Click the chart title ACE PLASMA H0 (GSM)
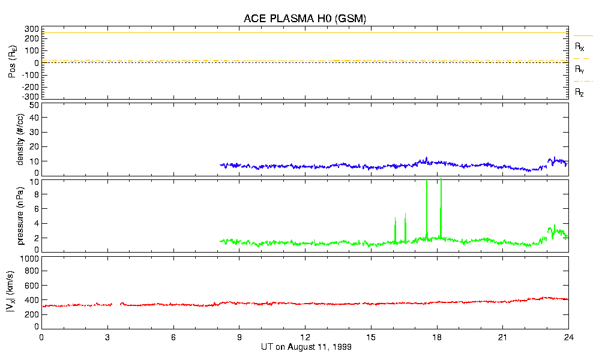tap(304, 19)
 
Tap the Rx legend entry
tap(580, 46)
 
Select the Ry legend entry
tap(580, 70)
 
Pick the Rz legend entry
tap(580, 92)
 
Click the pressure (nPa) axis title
tap(20, 215)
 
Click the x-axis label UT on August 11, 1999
tap(306, 347)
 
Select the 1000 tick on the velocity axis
tap(30, 259)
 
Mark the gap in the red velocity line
tap(116, 304)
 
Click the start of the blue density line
tap(220, 164)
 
